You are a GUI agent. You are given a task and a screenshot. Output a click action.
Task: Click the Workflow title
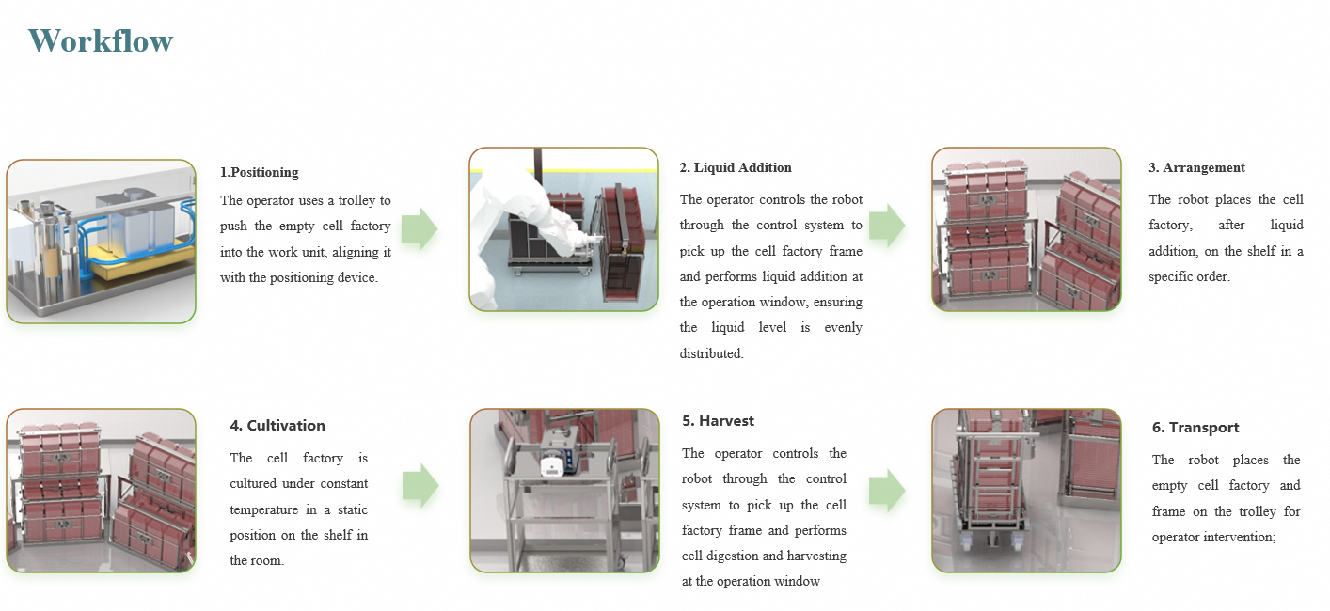pyautogui.click(x=101, y=41)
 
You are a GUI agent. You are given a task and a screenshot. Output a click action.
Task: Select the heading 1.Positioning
pyautogui.click(x=260, y=172)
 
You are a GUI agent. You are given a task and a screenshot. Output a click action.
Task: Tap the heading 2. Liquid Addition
pyautogui.click(x=736, y=167)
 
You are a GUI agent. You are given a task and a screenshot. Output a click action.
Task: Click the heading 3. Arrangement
pyautogui.click(x=1196, y=167)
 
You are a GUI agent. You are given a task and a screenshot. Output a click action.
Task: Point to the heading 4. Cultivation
pyautogui.click(x=277, y=425)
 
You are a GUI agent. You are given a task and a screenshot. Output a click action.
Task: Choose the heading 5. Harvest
pyautogui.click(x=719, y=421)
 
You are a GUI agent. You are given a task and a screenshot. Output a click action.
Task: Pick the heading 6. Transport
pyautogui.click(x=1195, y=428)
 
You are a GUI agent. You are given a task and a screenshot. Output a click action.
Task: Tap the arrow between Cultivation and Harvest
pyautogui.click(x=420, y=485)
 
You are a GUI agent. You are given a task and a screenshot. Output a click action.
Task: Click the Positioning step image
pyautogui.click(x=102, y=242)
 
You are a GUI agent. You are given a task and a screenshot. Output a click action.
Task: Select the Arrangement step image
pyautogui.click(x=1026, y=229)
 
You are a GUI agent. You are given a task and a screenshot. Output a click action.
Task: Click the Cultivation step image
pyautogui.click(x=102, y=490)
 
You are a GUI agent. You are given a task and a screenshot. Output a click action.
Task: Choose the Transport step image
pyautogui.click(x=1026, y=490)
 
